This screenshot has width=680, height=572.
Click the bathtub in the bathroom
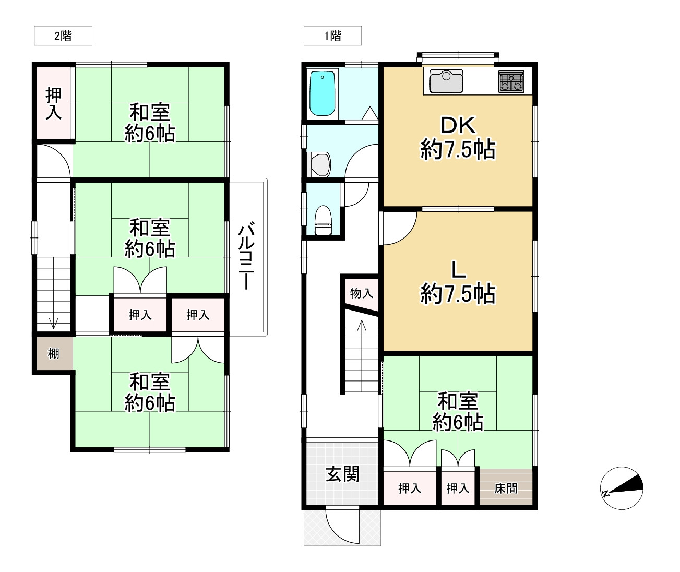322,93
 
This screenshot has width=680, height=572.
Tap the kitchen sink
446,82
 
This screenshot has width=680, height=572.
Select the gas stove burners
511,81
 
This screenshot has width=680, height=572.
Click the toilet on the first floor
323,220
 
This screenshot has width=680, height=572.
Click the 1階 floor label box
332,35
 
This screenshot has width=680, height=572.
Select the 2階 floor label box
63,35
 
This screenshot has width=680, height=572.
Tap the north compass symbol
622,488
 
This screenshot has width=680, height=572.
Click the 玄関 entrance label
342,474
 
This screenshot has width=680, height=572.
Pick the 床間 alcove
506,487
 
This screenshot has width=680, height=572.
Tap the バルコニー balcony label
246,256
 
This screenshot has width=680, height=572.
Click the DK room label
458,125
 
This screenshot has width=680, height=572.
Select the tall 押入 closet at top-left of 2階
54,103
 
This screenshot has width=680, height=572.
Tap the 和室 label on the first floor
458,401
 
